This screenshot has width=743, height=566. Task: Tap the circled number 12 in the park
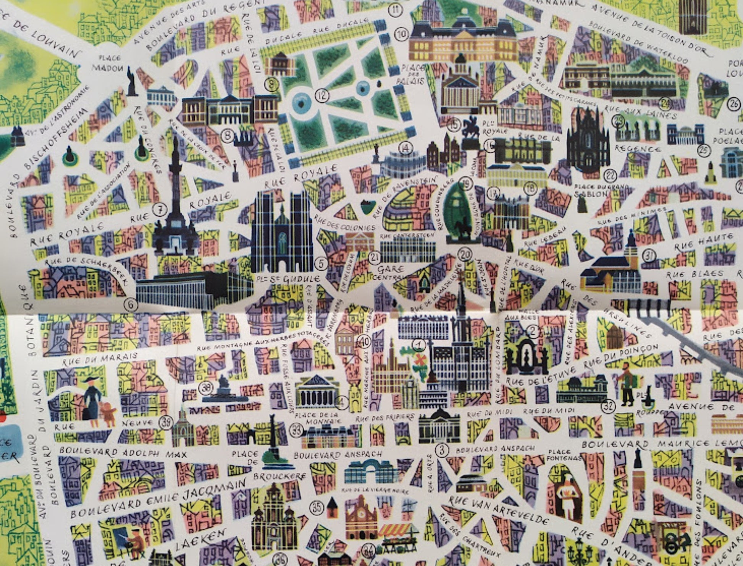[x=323, y=96]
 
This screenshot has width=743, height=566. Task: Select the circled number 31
[x=649, y=256]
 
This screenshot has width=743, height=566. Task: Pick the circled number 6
[x=131, y=304]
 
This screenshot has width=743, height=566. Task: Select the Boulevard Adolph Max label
[x=123, y=453]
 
